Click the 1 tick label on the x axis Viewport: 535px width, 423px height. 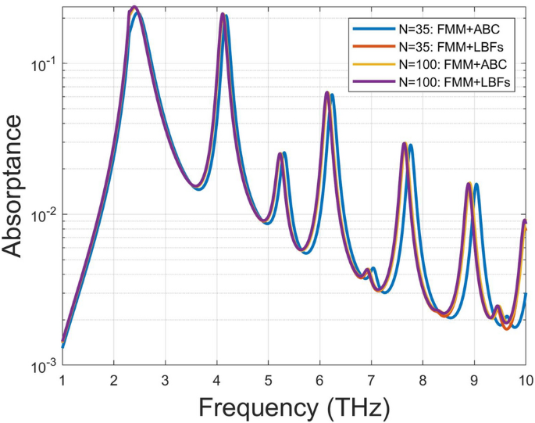[x=62, y=381]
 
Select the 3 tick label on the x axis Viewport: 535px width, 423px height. [x=166, y=381]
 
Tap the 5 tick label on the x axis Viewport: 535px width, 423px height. [x=269, y=381]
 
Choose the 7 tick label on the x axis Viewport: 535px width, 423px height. [x=372, y=381]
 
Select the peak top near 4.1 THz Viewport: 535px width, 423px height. [x=223, y=15]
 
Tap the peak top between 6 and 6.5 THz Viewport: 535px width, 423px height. [x=327, y=93]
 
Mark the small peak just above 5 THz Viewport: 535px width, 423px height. [x=280, y=154]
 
